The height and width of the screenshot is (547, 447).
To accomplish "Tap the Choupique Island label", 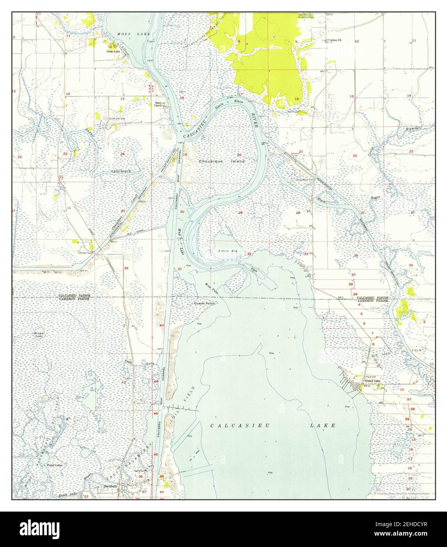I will click(x=222, y=161).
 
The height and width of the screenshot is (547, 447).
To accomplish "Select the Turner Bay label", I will click(x=226, y=250).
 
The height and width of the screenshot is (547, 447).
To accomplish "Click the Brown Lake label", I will click(x=39, y=335).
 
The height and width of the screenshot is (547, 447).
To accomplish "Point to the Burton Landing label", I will click(x=159, y=104).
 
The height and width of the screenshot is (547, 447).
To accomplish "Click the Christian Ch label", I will click(x=332, y=40).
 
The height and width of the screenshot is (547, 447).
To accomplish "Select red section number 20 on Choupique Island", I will click(x=239, y=155).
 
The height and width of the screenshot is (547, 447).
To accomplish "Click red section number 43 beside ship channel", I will click(x=161, y=325).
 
